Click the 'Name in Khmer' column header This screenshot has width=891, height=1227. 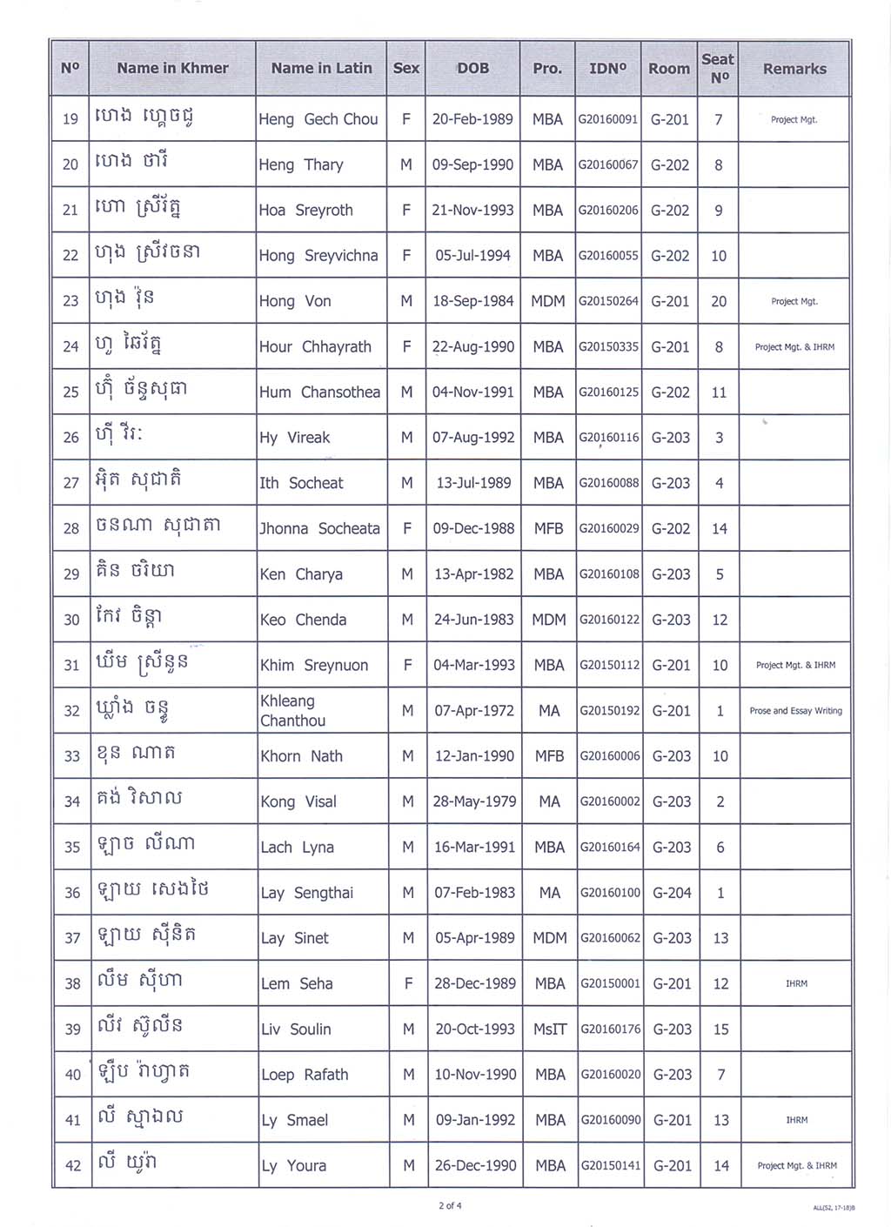pos(172,68)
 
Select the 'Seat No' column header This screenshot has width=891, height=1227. pos(718,68)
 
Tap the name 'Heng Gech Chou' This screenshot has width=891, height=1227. pos(318,119)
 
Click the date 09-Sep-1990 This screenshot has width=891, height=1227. pos(472,164)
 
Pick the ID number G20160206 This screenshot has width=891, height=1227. pos(608,210)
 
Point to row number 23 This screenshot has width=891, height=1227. pos(70,301)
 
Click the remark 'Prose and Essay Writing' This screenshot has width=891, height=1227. pos(795,711)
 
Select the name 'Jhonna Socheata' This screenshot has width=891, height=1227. pos(320,528)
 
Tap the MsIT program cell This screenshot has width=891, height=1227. pos(550,1029)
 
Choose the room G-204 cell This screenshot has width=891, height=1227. pos(671,893)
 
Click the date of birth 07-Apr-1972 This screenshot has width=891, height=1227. pos(474,711)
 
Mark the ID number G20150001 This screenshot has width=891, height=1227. pos(610,983)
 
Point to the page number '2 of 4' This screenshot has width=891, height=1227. pos(450,1205)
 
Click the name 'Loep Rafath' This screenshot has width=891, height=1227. pos(305,1075)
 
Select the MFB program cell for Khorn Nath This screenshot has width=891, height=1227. pos(549,756)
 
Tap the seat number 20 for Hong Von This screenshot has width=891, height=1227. pos(719,301)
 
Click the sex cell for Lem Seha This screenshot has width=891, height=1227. pos(408,983)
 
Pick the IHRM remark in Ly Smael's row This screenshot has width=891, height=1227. pos(796,1120)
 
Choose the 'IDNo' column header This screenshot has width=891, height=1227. pos(607,68)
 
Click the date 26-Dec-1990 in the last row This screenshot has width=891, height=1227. pos(476,1165)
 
